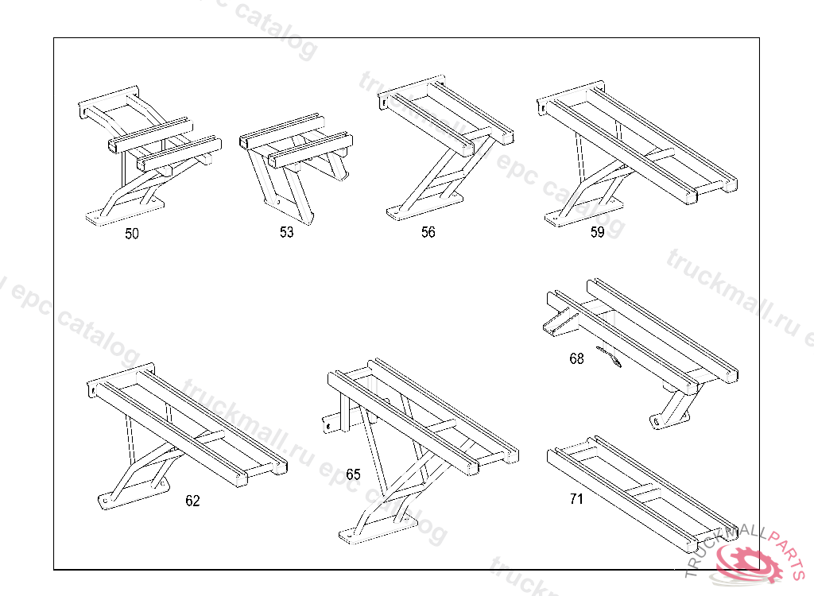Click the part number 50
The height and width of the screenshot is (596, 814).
132,234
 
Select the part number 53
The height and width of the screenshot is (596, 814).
286,233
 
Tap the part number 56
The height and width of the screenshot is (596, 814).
428,233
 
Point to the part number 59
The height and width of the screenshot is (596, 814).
597,233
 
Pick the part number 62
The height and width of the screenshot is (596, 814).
193,501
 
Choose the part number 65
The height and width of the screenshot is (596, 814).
353,474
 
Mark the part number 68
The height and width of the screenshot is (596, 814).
576,358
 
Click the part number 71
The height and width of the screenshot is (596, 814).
576,499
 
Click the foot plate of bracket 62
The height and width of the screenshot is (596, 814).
127,494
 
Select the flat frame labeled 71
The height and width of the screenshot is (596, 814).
636,489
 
